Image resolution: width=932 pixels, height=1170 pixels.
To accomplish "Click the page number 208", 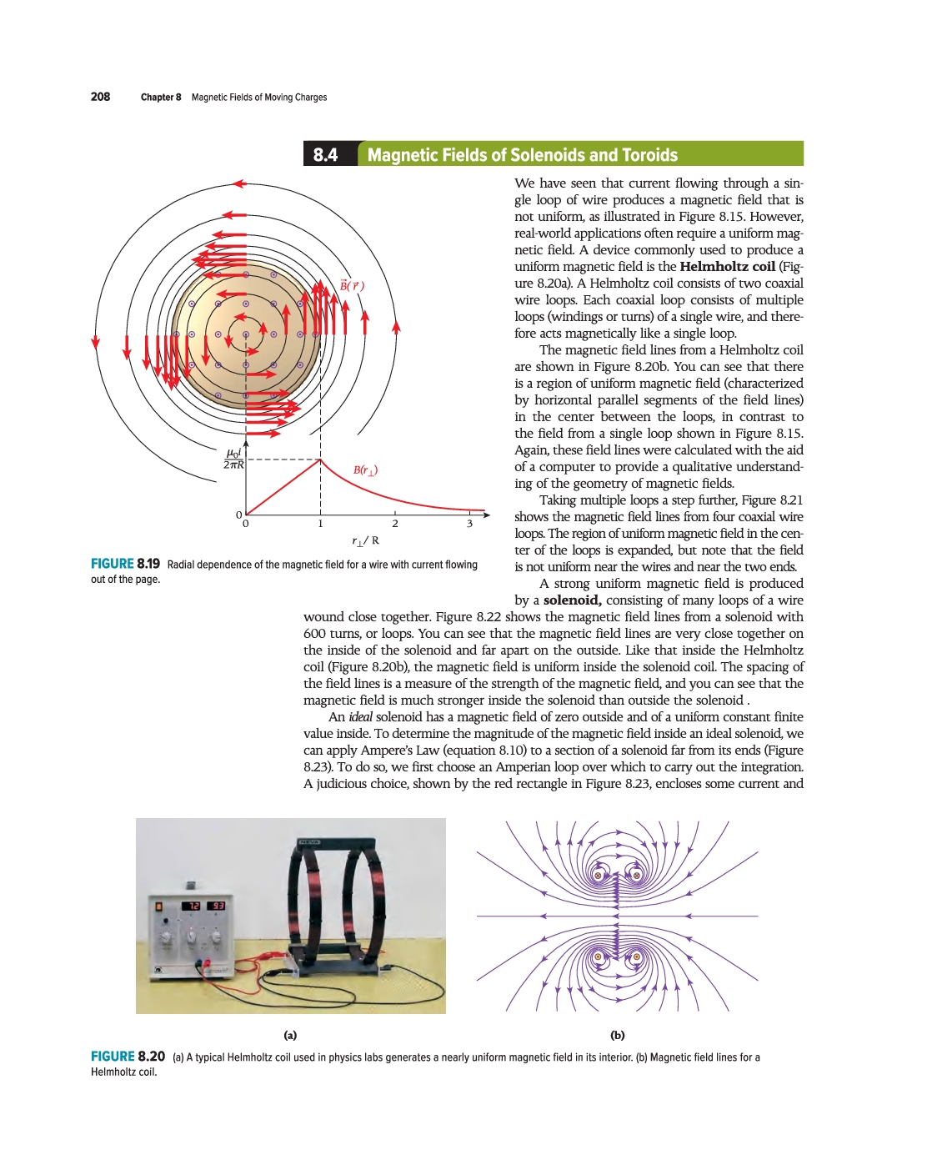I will point(100,97).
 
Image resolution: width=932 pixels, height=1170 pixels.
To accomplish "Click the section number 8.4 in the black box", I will point(325,155).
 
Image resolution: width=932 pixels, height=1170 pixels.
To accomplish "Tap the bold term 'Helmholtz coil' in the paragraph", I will point(727,267).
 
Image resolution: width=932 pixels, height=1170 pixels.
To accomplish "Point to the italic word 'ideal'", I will point(360,717).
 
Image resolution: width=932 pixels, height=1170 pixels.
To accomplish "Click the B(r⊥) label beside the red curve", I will point(365,470).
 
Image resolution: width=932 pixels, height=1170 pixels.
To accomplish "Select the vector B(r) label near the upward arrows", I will point(352,286).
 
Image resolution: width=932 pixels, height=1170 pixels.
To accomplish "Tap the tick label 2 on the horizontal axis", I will point(395,524).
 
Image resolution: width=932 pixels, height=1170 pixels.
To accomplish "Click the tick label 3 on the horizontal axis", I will point(469,524).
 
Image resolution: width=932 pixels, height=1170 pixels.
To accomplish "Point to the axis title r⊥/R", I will point(365,540).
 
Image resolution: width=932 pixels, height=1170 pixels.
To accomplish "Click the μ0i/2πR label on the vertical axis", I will point(234,459).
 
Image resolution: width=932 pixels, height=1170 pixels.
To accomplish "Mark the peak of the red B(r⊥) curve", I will point(321,459).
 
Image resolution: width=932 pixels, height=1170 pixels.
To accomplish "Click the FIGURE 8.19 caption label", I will point(125,565).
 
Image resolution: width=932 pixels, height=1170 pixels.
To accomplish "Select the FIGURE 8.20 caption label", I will point(128,1057).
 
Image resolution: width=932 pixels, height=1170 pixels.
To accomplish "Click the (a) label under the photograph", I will point(290,1035).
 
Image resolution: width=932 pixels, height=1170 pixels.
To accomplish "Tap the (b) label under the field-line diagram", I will point(617,1035).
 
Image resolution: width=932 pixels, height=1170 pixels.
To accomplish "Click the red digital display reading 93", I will point(216,906).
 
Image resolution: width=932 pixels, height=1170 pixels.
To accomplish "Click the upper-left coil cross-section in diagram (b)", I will point(598,876).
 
